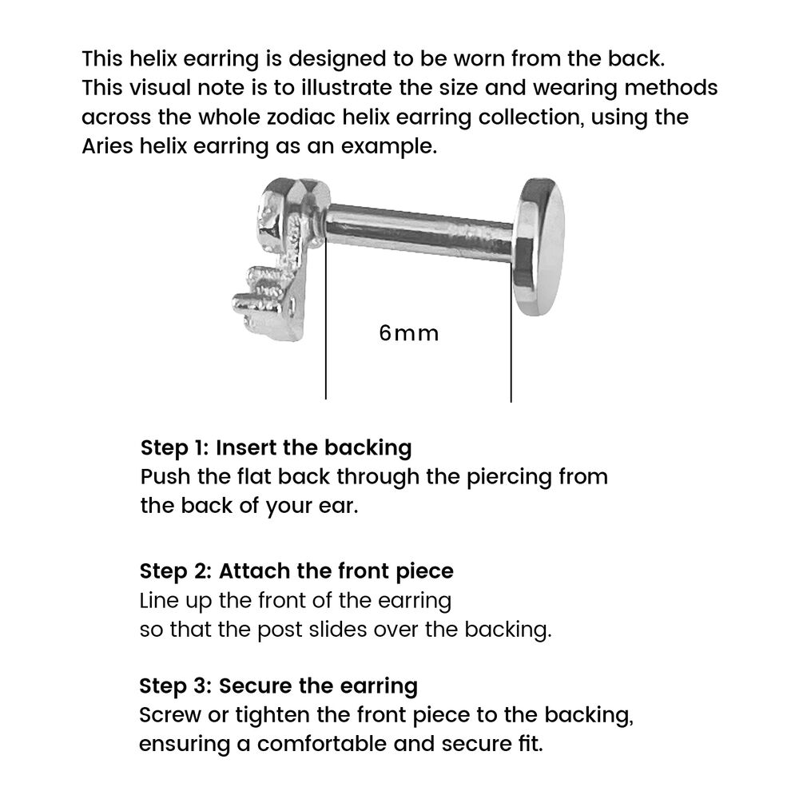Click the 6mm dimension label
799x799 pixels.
click(409, 332)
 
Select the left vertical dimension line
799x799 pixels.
click(326, 336)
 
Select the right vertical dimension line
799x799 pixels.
click(511, 344)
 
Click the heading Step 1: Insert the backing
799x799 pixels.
click(276, 447)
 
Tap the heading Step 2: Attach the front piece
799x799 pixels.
click(296, 571)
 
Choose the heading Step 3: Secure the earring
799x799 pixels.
click(279, 686)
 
